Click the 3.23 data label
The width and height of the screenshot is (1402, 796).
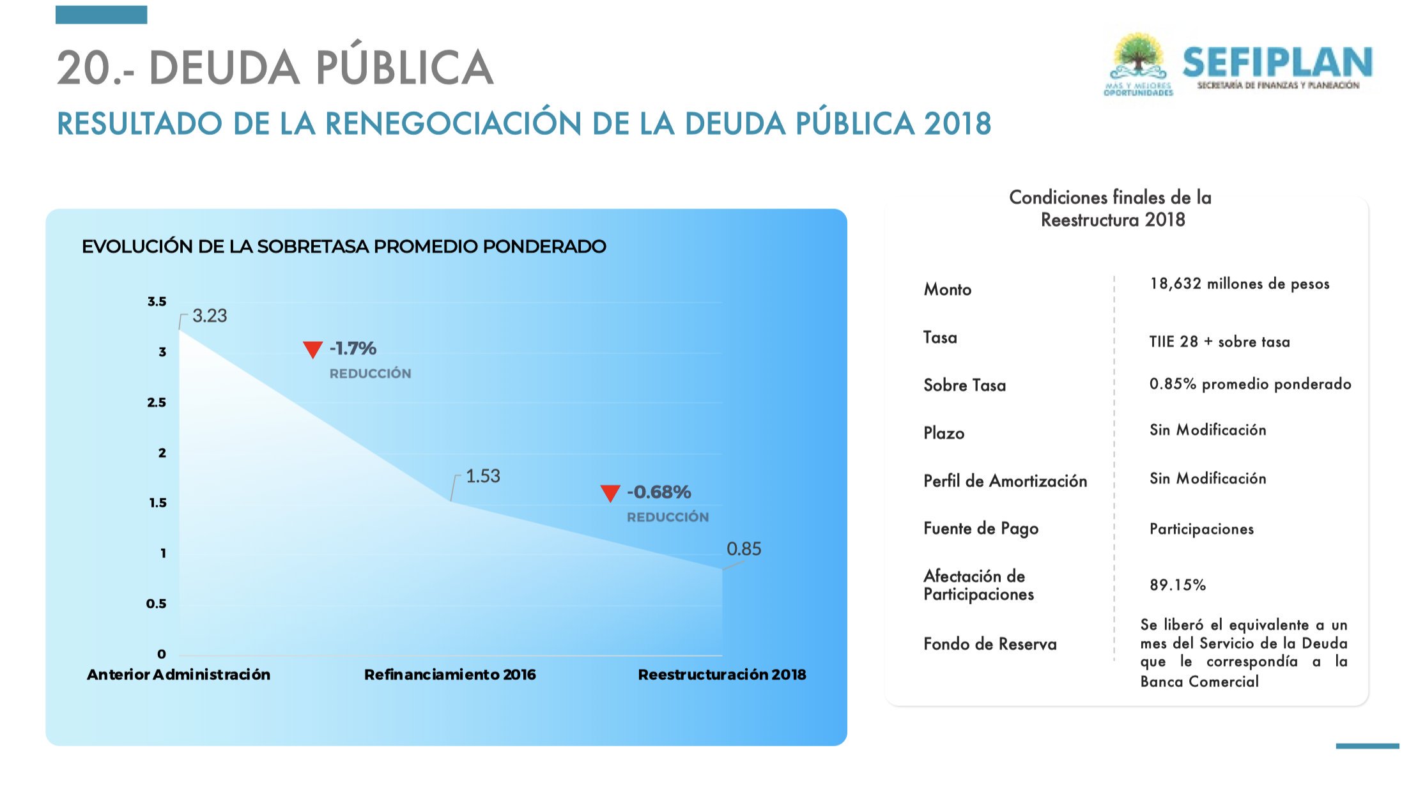210,316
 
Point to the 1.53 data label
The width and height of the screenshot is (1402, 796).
483,476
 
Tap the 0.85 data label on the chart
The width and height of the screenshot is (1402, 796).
744,549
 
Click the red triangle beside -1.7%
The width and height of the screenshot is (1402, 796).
312,349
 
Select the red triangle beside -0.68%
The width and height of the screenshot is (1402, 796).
610,493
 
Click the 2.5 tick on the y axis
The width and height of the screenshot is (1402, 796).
157,402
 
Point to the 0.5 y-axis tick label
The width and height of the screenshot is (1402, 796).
156,604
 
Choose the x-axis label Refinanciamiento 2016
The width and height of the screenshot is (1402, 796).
450,675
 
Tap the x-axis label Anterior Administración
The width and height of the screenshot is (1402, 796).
179,675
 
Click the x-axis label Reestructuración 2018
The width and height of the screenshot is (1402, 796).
722,675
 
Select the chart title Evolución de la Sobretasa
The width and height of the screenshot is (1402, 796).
344,247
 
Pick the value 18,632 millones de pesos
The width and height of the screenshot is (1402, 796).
1240,284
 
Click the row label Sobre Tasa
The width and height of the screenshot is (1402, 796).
964,385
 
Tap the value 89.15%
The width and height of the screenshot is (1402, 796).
1177,585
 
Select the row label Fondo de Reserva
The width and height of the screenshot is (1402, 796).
990,644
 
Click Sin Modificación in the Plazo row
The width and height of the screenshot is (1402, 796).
1208,430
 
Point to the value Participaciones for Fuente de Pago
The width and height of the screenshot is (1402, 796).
1201,529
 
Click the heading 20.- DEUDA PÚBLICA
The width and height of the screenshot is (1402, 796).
275,67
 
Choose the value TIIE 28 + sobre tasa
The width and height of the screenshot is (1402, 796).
1219,342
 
